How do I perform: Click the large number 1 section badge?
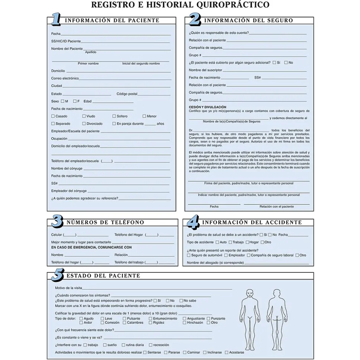56,20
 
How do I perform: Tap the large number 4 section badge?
193,222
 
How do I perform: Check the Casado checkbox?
53,116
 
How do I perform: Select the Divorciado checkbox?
84,123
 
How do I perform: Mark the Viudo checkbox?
84,116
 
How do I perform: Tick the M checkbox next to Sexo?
63,101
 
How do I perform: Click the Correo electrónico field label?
65,78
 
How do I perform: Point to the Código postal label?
127,94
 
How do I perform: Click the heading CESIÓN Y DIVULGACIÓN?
207,107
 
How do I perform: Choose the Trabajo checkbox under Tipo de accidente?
230,242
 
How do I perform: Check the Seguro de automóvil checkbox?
189,255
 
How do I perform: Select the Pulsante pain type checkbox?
125,318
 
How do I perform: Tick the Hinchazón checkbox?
184,323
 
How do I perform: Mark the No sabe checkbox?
181,301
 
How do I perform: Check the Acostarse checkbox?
226,352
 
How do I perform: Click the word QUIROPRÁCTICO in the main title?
233,5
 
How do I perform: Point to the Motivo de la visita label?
68,288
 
